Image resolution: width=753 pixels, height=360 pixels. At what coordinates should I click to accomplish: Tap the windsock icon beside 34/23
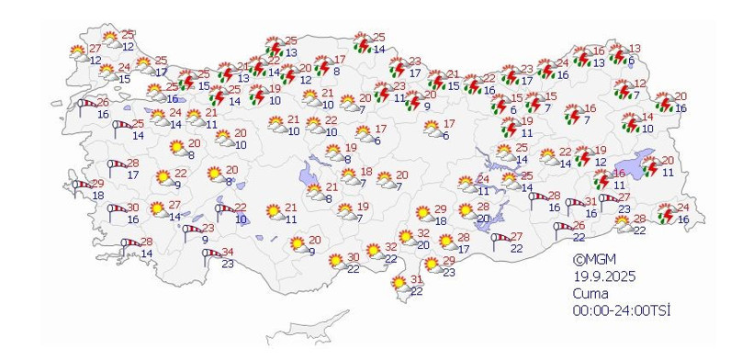point(210,253)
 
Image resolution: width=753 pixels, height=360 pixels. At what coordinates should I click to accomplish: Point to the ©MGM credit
point(590,260)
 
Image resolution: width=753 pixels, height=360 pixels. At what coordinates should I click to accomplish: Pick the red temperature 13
point(635,50)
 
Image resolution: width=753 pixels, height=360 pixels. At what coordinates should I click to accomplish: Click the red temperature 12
point(640,84)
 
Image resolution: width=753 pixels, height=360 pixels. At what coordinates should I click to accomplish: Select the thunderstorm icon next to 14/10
point(631,122)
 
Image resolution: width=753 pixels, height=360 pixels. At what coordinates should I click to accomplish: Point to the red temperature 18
point(365,172)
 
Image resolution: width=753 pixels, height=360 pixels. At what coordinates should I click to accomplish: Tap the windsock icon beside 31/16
point(575,203)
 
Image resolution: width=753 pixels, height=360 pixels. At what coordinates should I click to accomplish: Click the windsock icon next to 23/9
point(191,231)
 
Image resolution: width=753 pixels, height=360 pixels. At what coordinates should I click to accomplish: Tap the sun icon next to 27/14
point(158,209)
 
